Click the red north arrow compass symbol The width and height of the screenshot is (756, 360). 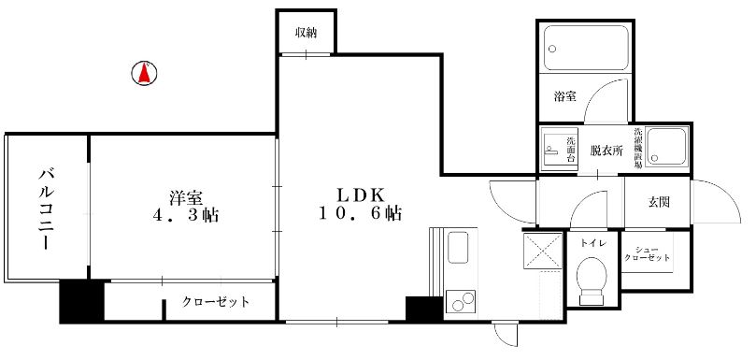pyautogui.click(x=144, y=74)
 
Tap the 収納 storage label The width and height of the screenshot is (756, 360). pyautogui.click(x=307, y=33)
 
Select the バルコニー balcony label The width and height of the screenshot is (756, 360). pyautogui.click(x=46, y=208)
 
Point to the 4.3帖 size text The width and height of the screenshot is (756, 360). pyautogui.click(x=186, y=215)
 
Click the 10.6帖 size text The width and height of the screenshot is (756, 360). pyautogui.click(x=361, y=213)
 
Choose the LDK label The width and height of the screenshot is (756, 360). pyautogui.click(x=360, y=194)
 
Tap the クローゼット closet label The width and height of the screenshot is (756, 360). pyautogui.click(x=216, y=303)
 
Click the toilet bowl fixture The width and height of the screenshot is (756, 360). pyautogui.click(x=591, y=280)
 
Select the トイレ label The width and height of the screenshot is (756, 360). pyautogui.click(x=593, y=243)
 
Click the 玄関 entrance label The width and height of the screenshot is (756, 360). pyautogui.click(x=658, y=202)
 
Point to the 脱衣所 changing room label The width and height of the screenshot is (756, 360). pyautogui.click(x=607, y=151)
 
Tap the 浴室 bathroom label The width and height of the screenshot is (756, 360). pyautogui.click(x=565, y=96)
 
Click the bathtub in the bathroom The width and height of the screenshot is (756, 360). pyautogui.click(x=586, y=48)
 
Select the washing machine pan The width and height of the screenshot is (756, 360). pyautogui.click(x=666, y=147)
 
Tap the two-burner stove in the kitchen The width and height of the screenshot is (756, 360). pyautogui.click(x=462, y=302)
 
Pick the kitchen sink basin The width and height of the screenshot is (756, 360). pyautogui.click(x=458, y=247)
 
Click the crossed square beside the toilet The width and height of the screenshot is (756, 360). pyautogui.click(x=542, y=250)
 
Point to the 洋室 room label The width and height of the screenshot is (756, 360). pyautogui.click(x=186, y=197)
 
